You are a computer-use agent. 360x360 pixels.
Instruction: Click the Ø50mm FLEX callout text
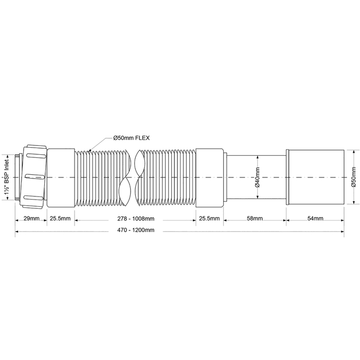tap(132, 138)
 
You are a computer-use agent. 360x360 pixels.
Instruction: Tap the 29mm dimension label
tap(31, 218)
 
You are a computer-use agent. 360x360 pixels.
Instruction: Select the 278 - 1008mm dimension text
tap(136, 219)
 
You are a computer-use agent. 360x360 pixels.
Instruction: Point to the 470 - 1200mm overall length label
tap(136, 230)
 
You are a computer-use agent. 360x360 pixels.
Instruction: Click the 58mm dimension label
tap(255, 218)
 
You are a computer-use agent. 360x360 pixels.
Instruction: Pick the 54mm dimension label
tap(315, 218)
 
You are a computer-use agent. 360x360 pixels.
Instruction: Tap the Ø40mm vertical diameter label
tap(257, 177)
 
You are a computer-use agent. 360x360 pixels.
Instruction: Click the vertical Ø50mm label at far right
tap(354, 177)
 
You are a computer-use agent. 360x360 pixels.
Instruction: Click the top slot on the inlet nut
tap(35, 156)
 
